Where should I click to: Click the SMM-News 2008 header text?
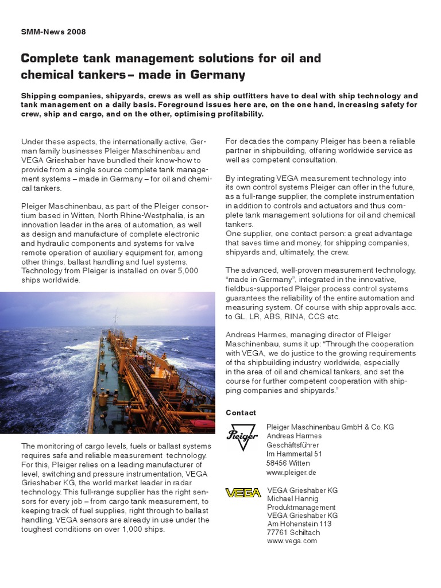pyautogui.click(x=53, y=32)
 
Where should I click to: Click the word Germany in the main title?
pyautogui.click(x=216, y=75)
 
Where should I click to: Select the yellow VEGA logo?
pyautogui.click(x=243, y=493)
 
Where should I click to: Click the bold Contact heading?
pyautogui.click(x=241, y=413)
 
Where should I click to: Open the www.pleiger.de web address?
pyautogui.click(x=292, y=473)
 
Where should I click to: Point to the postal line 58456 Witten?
pyautogui.click(x=288, y=463)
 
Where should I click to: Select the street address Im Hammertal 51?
pyautogui.click(x=294, y=454)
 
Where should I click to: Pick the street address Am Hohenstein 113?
pyautogui.click(x=299, y=524)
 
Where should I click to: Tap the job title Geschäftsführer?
pyautogui.click(x=293, y=445)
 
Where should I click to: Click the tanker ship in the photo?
pyautogui.click(x=144, y=379)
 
